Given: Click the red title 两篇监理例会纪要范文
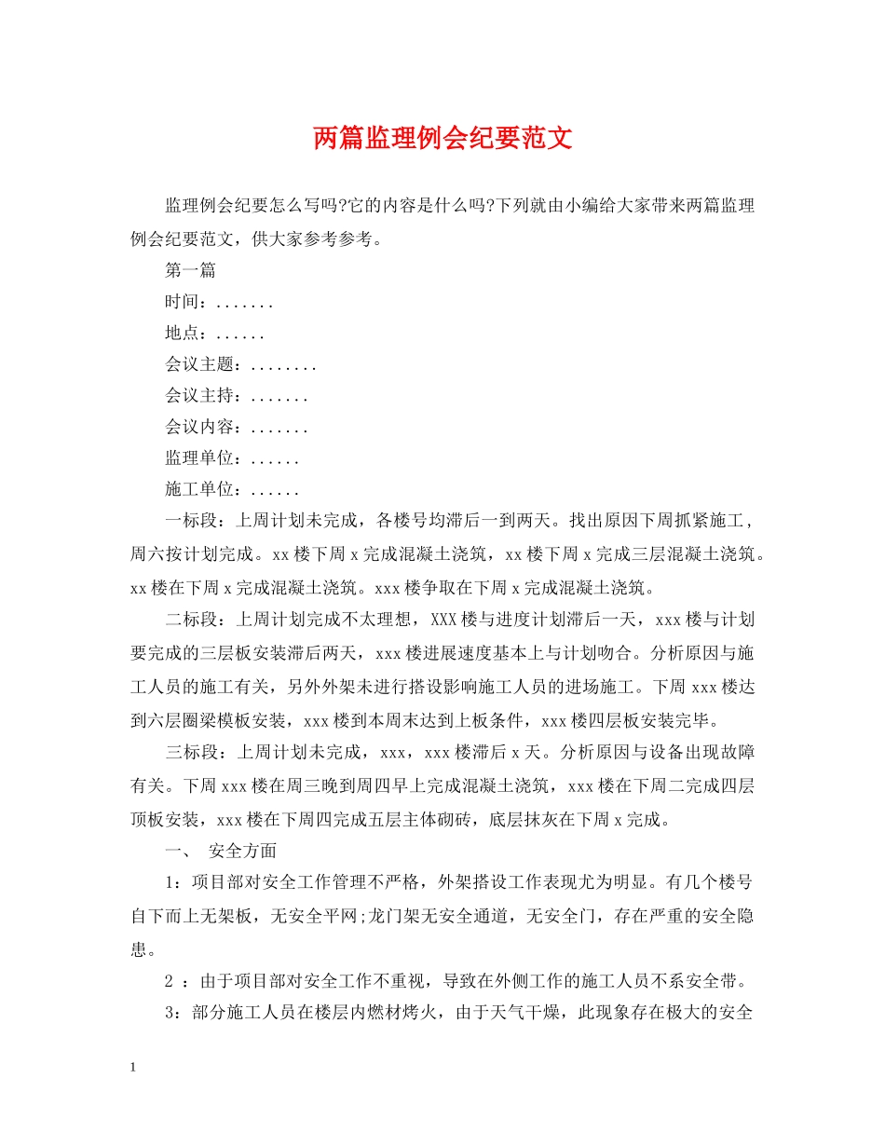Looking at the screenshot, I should (442, 140).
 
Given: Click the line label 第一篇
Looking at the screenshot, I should (190, 271).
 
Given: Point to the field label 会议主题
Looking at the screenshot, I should (197, 365).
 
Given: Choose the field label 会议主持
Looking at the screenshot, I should (197, 397).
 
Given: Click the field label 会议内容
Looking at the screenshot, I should (197, 429).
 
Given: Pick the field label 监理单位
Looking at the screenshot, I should (197, 459).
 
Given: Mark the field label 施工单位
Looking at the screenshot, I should (197, 491).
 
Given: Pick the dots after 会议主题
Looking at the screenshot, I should (284, 366).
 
